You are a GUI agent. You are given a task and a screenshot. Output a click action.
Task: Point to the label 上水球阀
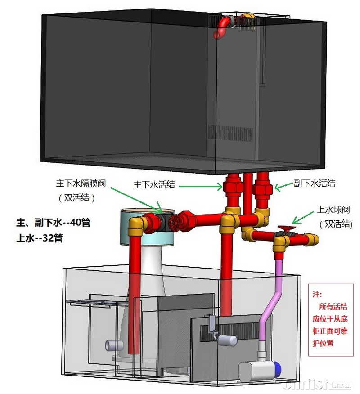pyautogui.click(x=333, y=209)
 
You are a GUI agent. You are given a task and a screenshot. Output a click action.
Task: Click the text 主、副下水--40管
pyautogui.click(x=53, y=223)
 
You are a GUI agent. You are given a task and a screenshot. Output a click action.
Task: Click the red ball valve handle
pyautogui.click(x=284, y=228)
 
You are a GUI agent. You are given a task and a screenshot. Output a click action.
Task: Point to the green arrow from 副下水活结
pyautogui.click(x=282, y=187)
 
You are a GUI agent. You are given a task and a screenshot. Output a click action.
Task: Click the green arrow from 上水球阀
pyautogui.click(x=301, y=217)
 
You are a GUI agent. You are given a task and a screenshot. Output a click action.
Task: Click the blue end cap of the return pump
pyautogui.click(x=279, y=370)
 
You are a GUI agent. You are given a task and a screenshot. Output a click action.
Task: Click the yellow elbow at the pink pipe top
pyautogui.click(x=280, y=242)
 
